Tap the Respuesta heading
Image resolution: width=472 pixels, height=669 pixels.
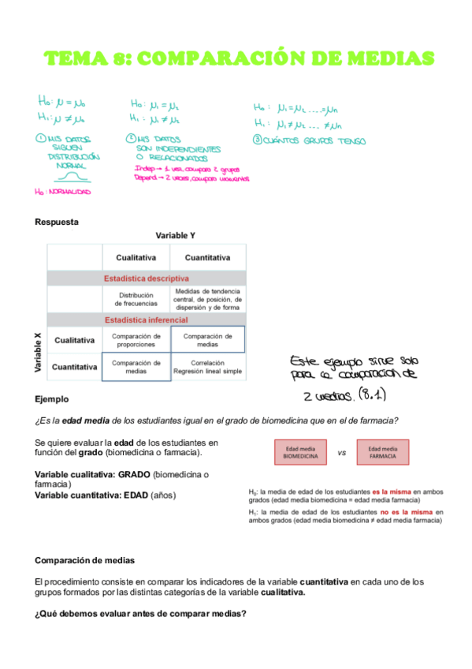(x=57, y=222)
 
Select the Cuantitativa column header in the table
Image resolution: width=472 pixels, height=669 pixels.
(x=206, y=257)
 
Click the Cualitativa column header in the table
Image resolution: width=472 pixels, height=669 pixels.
(x=136, y=257)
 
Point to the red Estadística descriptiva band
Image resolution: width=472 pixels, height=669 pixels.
(x=147, y=278)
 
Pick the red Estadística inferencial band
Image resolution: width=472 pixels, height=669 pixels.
(x=147, y=320)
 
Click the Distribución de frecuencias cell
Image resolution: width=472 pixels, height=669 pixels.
(x=136, y=300)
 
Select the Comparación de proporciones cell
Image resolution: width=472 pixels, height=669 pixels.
(x=136, y=340)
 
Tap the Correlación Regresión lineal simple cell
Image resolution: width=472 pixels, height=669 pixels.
(x=206, y=366)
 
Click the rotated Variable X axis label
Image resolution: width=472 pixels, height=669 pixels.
(x=38, y=352)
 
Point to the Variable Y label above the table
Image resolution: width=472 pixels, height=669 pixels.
(x=175, y=236)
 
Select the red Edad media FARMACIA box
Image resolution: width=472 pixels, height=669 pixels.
(x=382, y=453)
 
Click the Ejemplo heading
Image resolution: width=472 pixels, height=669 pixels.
(x=52, y=399)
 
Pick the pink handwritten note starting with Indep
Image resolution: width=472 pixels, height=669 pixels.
(x=187, y=174)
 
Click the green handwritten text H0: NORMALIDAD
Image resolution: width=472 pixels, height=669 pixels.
(x=63, y=192)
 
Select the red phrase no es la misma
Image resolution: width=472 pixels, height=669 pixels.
(x=404, y=512)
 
